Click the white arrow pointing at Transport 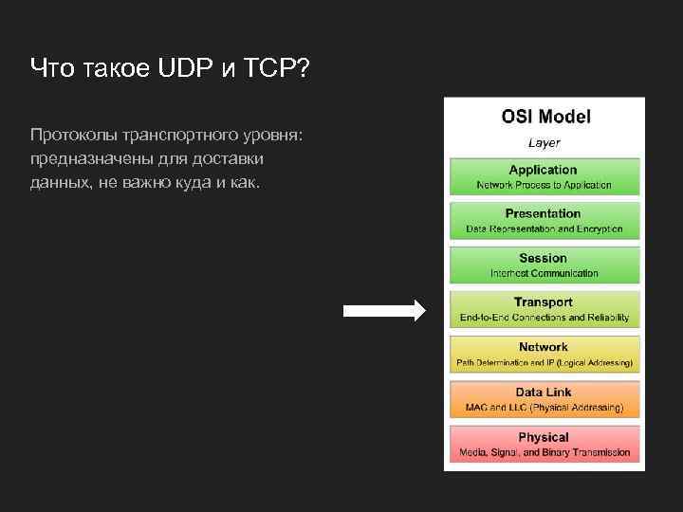384,310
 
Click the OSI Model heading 545,118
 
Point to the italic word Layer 544,143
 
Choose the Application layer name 544,170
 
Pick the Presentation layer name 544,213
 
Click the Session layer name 544,258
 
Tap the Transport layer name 544,302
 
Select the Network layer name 544,347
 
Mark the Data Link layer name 544,392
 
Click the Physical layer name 544,437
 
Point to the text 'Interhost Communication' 544,273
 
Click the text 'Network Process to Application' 544,185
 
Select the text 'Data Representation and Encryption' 544,229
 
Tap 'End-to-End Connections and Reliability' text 544,318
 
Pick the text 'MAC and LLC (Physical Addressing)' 544,408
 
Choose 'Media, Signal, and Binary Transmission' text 544,452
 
